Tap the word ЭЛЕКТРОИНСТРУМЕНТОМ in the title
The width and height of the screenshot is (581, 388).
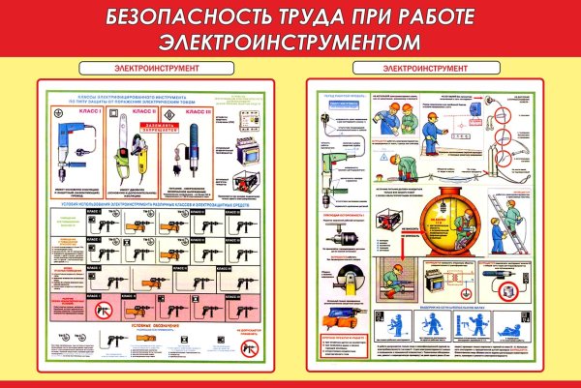click(x=290, y=43)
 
